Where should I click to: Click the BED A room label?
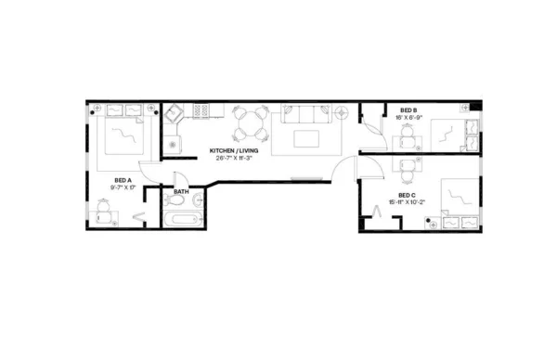click(122, 179)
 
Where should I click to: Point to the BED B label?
click(409, 109)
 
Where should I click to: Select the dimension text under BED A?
click(122, 186)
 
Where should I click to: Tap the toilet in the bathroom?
click(175, 202)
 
